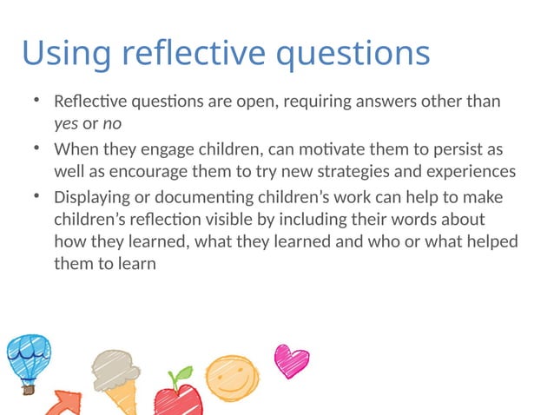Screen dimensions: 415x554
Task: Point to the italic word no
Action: [112, 123]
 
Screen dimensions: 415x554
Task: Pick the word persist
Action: [458, 148]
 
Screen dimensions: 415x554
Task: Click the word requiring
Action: [299, 102]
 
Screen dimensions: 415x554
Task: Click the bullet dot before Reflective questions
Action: [36, 101]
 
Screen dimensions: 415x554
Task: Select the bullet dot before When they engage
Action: [36, 147]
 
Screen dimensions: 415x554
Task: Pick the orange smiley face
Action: [231, 376]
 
